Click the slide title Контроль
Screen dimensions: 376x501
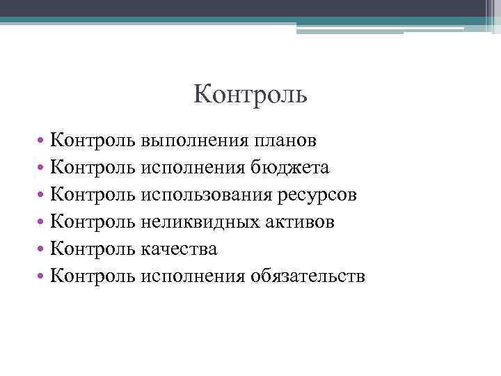click(x=250, y=93)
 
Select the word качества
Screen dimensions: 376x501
click(x=179, y=249)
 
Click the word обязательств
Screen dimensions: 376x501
click(x=308, y=276)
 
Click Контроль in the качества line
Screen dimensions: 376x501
click(x=93, y=249)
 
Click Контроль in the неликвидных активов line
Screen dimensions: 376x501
click(x=93, y=222)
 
